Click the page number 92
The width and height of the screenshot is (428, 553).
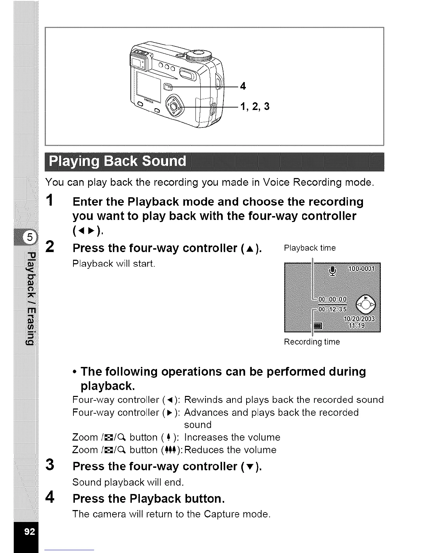(29, 531)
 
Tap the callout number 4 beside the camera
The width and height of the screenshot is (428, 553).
(243, 86)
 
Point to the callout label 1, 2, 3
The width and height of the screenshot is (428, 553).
(255, 106)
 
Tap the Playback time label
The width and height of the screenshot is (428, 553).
(310, 248)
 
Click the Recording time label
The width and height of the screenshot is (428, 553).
(312, 342)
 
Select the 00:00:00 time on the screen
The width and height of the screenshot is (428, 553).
(332, 299)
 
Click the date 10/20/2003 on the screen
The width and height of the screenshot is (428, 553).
(359, 319)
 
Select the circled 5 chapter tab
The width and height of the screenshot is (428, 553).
(29, 238)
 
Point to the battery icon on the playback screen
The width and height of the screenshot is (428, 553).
(318, 326)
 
